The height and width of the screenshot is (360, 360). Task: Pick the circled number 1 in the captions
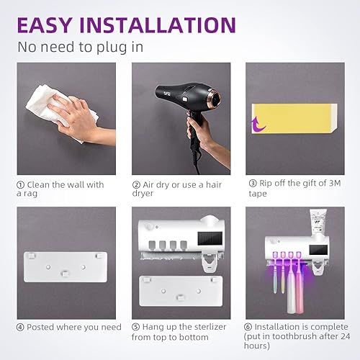tap(21, 185)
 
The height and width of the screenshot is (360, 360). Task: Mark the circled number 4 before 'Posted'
tap(21, 327)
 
